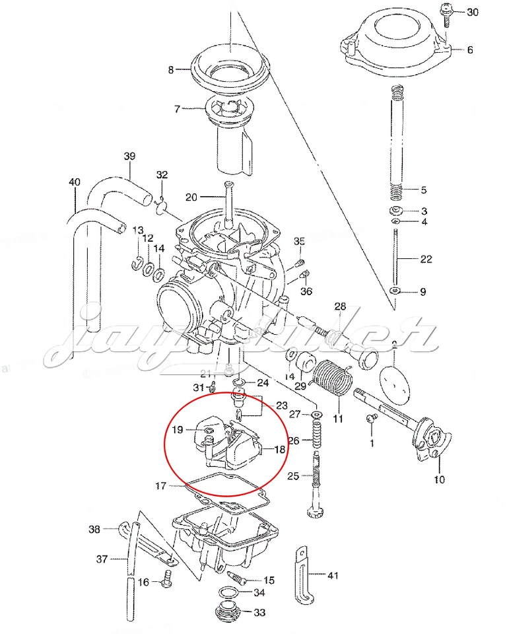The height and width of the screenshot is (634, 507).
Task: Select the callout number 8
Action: [x=171, y=69]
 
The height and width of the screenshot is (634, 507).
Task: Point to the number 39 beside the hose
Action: [x=130, y=157]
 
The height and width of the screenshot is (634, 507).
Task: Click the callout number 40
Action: [x=75, y=182]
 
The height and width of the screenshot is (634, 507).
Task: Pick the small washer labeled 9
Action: [x=395, y=291]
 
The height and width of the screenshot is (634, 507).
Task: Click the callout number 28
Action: [x=340, y=306]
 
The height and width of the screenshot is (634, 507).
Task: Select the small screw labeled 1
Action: [x=371, y=418]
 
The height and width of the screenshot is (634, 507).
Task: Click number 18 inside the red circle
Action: [x=280, y=449]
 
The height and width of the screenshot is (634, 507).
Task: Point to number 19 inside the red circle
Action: [x=178, y=430]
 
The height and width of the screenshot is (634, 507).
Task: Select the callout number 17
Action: [x=161, y=486]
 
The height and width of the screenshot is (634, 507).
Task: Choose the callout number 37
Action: [x=102, y=559]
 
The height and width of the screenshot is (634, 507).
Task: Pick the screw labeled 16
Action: [x=166, y=581]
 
